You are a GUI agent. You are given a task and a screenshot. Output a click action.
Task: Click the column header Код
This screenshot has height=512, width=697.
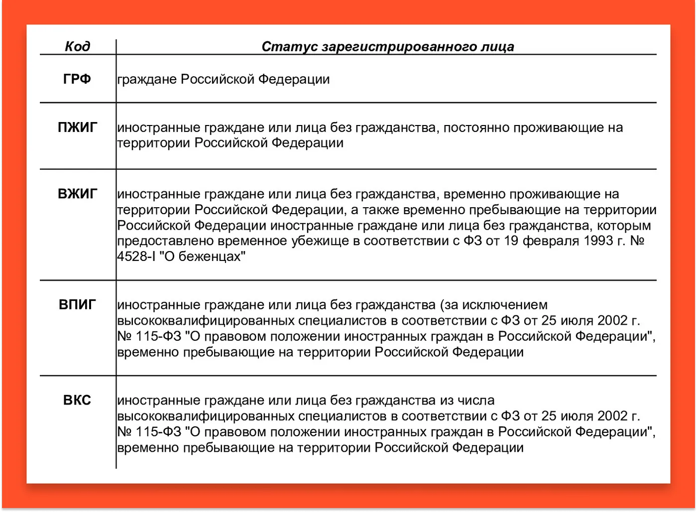78,46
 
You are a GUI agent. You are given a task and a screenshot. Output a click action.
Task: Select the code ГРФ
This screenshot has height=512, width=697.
77,79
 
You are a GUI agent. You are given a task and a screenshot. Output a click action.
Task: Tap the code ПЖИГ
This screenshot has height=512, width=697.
77,128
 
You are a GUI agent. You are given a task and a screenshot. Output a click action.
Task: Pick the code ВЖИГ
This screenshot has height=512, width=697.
77,194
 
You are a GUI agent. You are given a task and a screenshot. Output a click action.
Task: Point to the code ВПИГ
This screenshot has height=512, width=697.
77,304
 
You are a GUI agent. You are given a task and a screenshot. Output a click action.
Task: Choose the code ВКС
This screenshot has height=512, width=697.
77,400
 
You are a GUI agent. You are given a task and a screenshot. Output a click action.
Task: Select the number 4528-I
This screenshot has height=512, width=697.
136,257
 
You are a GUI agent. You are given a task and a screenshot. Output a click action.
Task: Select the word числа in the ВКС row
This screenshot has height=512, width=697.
476,400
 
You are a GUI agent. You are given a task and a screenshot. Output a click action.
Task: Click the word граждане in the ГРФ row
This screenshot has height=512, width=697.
147,80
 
